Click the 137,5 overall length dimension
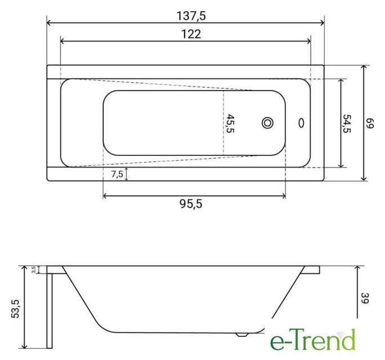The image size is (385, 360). [x=191, y=16]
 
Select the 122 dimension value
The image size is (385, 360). [x=191, y=34]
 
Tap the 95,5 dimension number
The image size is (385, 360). [x=191, y=204]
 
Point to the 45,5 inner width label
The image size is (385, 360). [x=230, y=123]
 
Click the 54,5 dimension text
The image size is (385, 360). [x=347, y=124]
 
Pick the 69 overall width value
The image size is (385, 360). [x=370, y=123]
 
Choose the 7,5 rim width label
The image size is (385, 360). [x=117, y=174]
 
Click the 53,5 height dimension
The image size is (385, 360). [x=15, y=308]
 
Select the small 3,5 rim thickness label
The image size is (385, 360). [x=34, y=269]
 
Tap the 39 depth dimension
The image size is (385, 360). [x=365, y=298]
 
